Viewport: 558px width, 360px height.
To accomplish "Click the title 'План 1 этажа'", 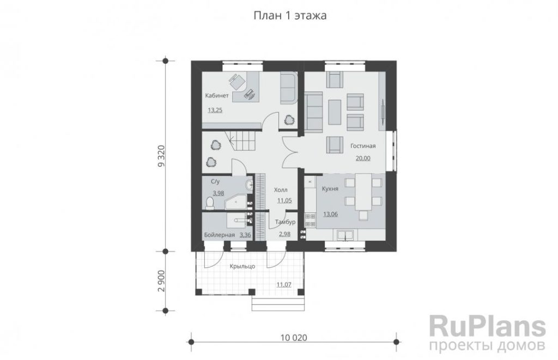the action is [290, 16].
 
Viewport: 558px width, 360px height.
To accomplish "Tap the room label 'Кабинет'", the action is [217, 96].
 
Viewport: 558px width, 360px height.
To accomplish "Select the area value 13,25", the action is [215, 110].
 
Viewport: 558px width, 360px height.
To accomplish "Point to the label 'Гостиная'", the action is [362, 146].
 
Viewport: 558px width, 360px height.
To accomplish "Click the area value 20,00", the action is [363, 158].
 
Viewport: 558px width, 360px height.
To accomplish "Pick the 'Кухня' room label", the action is [330, 189].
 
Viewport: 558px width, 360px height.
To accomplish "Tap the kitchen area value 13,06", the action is [330, 214].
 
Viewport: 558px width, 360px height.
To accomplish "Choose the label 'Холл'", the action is [281, 190].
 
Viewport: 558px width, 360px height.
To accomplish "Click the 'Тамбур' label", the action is [286, 222].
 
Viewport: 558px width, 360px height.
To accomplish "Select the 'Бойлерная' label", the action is [219, 235].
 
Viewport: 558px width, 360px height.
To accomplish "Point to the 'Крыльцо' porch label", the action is [242, 266].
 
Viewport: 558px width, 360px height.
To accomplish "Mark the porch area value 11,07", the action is [284, 284].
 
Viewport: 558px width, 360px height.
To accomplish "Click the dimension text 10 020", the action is [294, 338].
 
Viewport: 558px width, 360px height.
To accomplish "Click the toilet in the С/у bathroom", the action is [210, 203].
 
